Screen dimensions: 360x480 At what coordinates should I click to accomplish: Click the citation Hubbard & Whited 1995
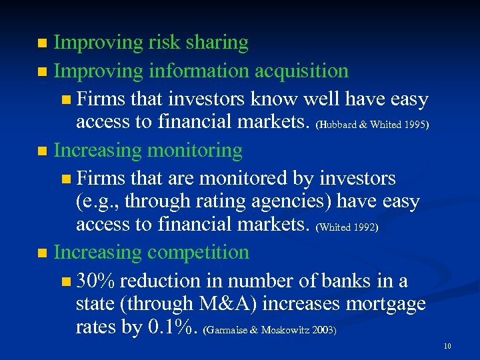point(371,125)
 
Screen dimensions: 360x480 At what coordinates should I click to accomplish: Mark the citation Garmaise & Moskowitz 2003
point(269,330)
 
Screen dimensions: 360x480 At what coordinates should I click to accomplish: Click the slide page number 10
point(447,346)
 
